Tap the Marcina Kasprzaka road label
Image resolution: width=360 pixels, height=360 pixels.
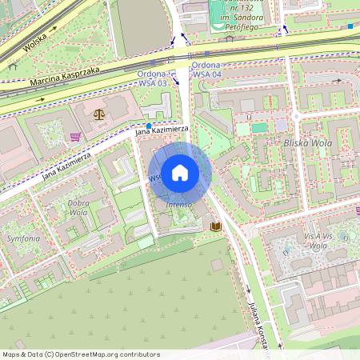pyautogui.click(x=66, y=77)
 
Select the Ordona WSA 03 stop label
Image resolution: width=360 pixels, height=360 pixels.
pyautogui.click(x=152, y=78)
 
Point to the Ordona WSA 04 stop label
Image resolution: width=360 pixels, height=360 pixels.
pyautogui.click(x=207, y=70)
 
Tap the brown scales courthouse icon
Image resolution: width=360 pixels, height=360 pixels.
pyautogui.click(x=98, y=114)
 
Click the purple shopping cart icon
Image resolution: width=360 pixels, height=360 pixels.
pyautogui.click(x=75, y=136)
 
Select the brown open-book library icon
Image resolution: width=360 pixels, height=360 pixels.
pyautogui.click(x=215, y=226)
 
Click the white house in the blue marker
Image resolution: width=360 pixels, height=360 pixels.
pyautogui.click(x=180, y=172)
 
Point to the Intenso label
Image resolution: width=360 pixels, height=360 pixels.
pyautogui.click(x=178, y=205)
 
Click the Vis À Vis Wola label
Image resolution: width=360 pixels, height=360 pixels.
pyautogui.click(x=315, y=242)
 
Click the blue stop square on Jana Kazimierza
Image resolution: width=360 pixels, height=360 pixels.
pyautogui.click(x=149, y=126)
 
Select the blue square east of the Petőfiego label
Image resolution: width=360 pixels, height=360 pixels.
pyautogui.click(x=350, y=26)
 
